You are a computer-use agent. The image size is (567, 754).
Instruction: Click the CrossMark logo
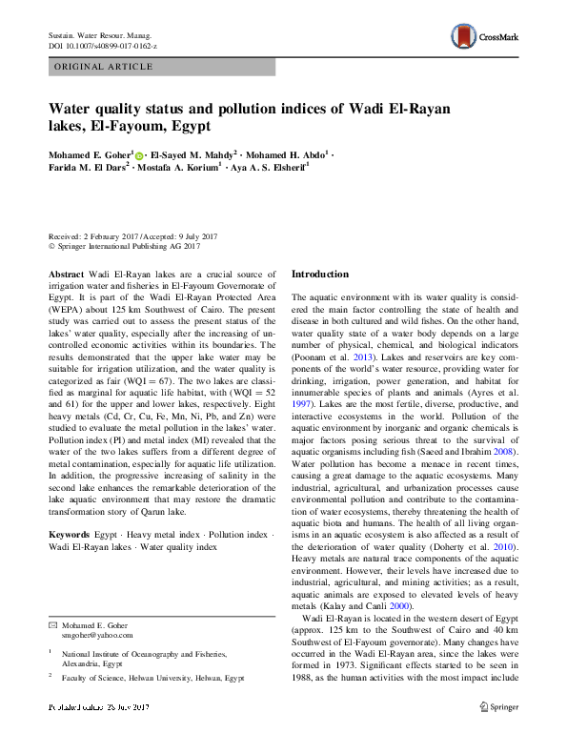485,38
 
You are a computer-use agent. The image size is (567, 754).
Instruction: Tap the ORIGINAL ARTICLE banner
105,67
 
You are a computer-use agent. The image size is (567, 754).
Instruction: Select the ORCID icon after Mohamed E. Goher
139,154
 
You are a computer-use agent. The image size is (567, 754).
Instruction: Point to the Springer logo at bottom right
497,733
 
